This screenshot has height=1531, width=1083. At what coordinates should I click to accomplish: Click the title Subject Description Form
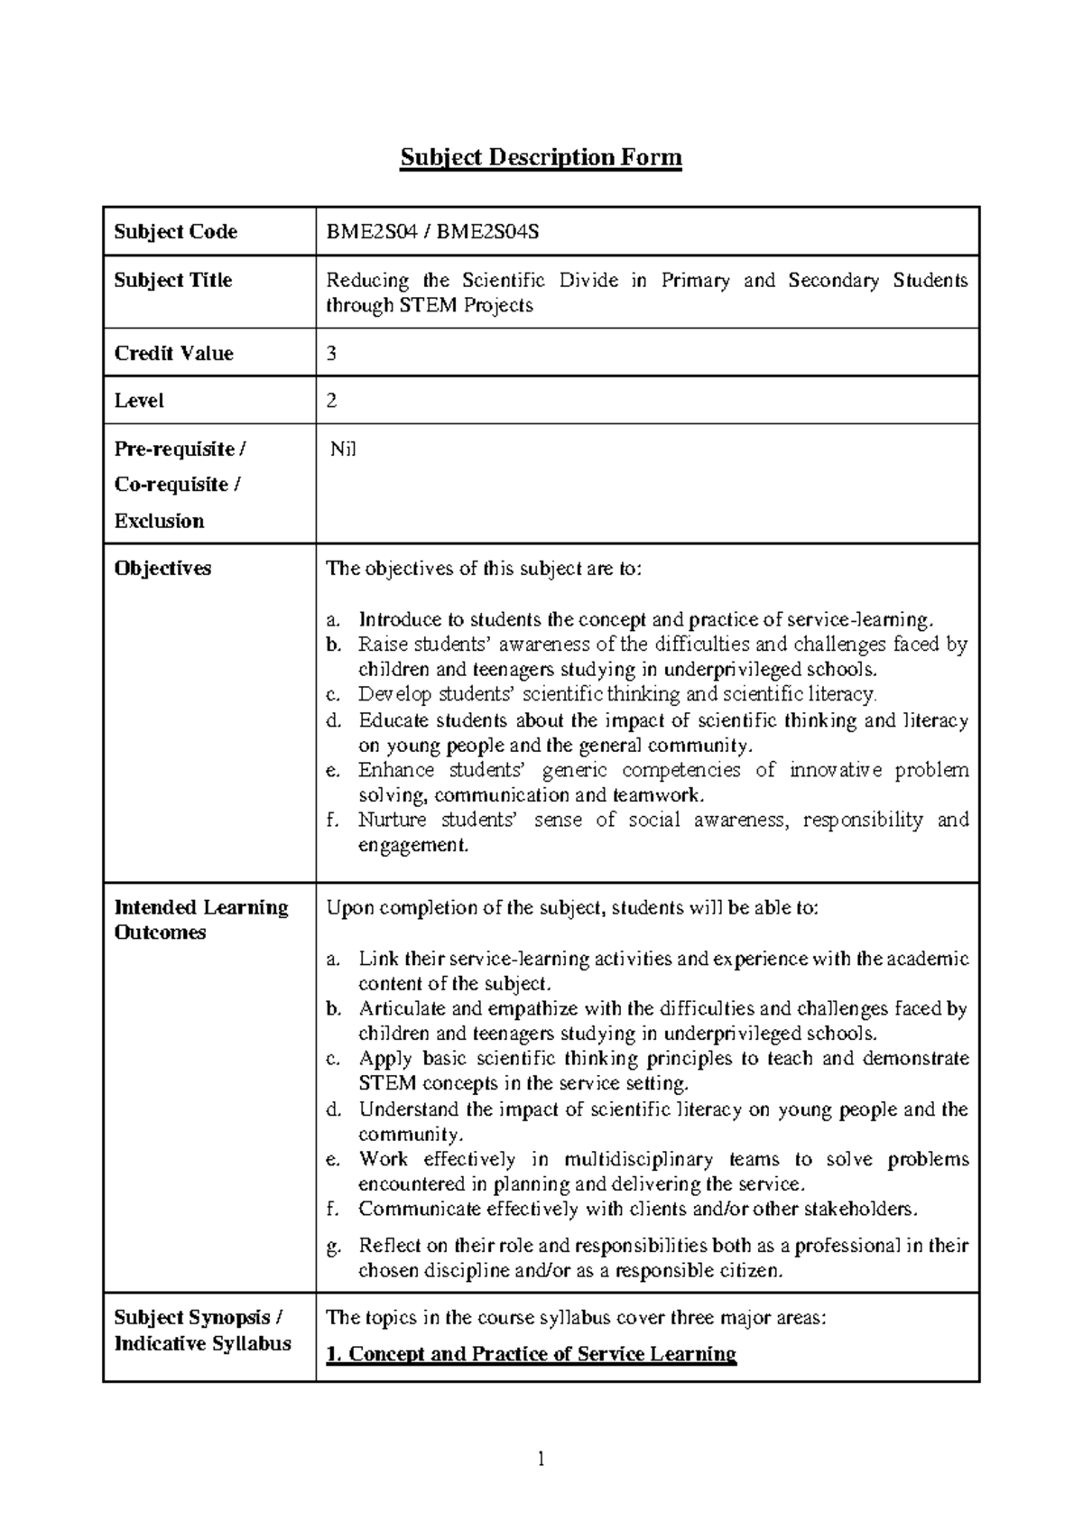[x=541, y=158]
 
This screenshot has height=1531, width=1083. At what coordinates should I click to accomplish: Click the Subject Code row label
[x=175, y=232]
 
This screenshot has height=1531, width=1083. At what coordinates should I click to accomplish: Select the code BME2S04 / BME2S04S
[x=432, y=232]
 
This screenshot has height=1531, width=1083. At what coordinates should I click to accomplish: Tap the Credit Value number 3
[x=331, y=354]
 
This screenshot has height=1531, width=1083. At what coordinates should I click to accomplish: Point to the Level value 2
[x=331, y=401]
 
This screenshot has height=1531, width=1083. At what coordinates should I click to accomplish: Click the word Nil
[x=343, y=449]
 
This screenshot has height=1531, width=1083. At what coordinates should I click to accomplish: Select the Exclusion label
[x=159, y=521]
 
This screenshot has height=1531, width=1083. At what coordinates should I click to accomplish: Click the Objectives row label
[x=162, y=569]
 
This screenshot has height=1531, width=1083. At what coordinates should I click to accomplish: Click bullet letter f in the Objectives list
[x=331, y=821]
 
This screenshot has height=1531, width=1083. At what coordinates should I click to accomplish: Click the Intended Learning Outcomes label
[x=200, y=920]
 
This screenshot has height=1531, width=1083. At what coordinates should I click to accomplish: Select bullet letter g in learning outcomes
[x=332, y=1247]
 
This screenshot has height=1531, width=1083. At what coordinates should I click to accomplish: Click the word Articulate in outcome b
[x=398, y=1008]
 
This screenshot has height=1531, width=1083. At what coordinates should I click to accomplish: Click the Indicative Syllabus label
[x=202, y=1344]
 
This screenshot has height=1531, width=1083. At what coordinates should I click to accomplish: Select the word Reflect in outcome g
[x=389, y=1247]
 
